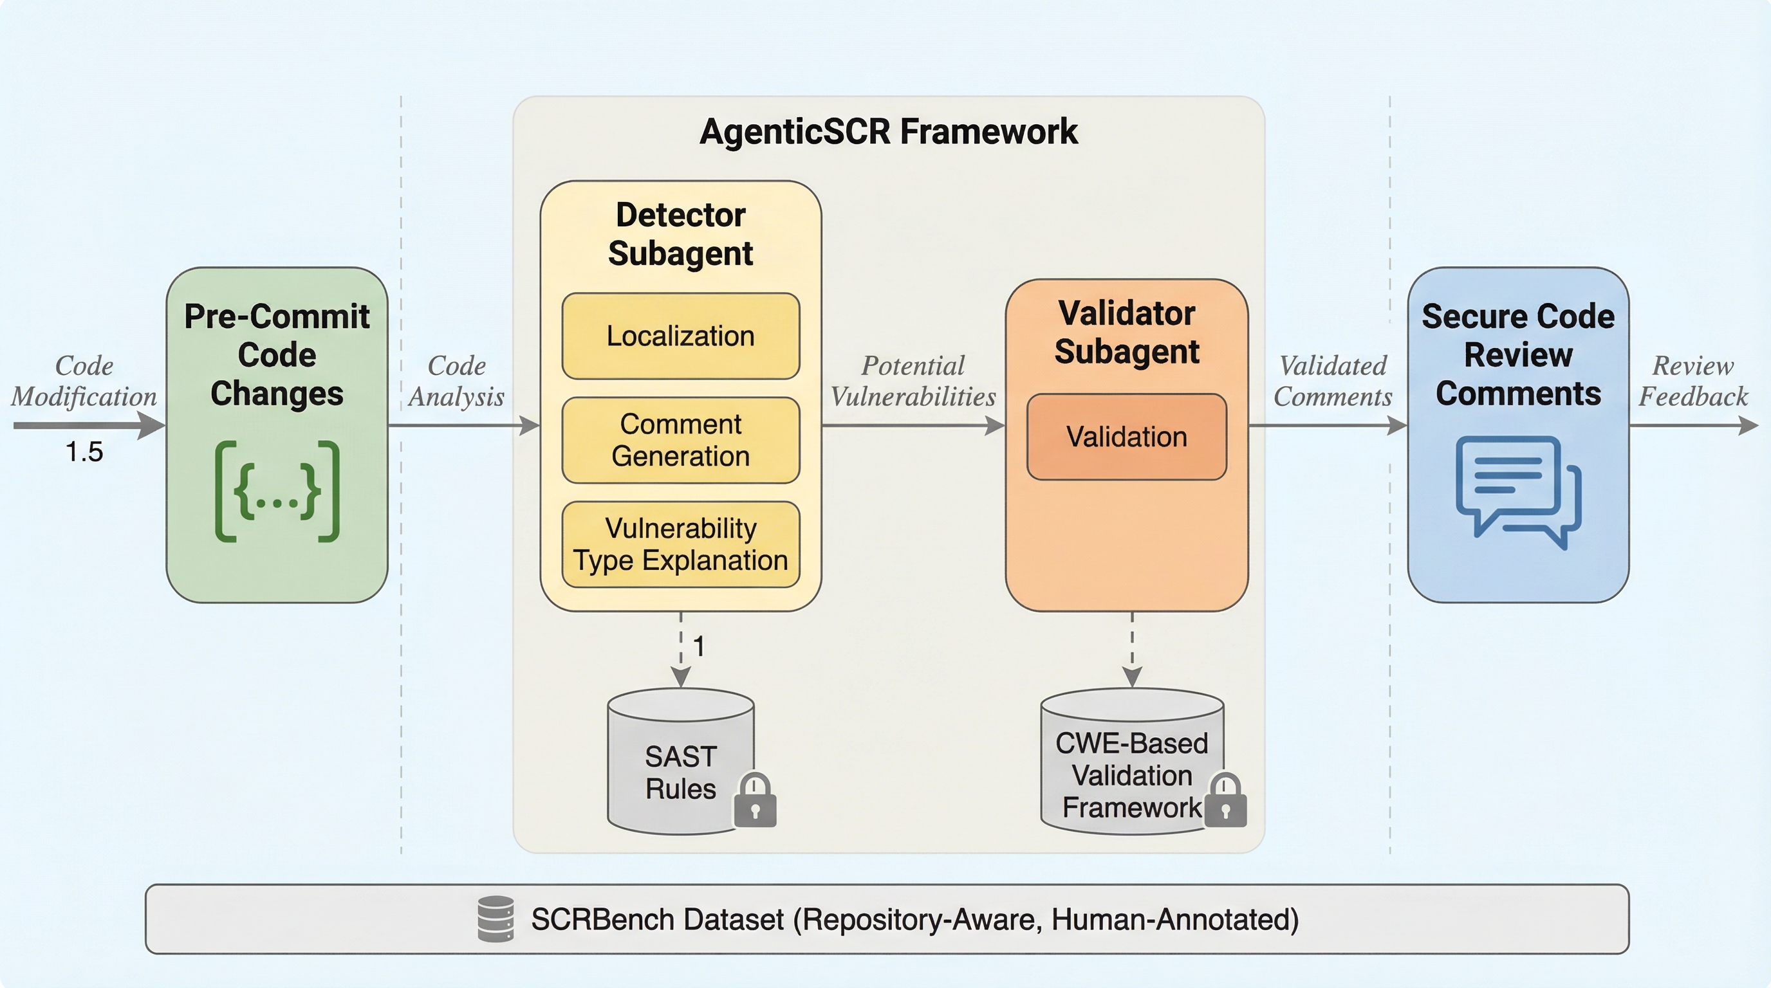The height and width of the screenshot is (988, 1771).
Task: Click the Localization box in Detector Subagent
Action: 681,336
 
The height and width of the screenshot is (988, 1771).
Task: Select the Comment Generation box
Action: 681,441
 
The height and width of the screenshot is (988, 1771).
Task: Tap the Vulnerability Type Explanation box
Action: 681,544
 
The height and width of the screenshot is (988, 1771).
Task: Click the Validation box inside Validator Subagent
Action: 1127,437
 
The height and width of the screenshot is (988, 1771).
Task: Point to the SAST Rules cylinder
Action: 681,762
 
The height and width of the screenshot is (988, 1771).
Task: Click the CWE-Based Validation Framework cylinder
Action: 1133,762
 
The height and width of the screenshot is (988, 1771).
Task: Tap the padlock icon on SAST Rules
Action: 755,800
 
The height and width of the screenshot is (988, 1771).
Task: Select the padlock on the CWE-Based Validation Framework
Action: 1225,800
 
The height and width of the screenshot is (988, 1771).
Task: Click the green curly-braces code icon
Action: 277,491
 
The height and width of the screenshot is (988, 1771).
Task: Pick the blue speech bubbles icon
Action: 1519,493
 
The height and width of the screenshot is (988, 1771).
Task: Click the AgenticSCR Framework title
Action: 888,131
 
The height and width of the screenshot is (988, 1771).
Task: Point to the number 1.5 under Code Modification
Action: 84,452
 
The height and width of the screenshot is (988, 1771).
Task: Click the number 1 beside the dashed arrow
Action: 698,646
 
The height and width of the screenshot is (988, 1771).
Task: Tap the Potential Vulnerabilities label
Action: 913,381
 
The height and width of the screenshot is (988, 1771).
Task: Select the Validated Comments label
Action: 1332,381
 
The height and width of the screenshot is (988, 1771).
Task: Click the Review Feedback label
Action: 1692,381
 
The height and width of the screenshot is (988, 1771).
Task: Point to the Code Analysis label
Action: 456,381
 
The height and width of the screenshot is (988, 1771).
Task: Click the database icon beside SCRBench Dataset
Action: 496,919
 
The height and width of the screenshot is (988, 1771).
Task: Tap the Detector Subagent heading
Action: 681,234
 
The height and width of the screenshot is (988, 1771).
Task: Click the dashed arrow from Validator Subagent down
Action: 1133,650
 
